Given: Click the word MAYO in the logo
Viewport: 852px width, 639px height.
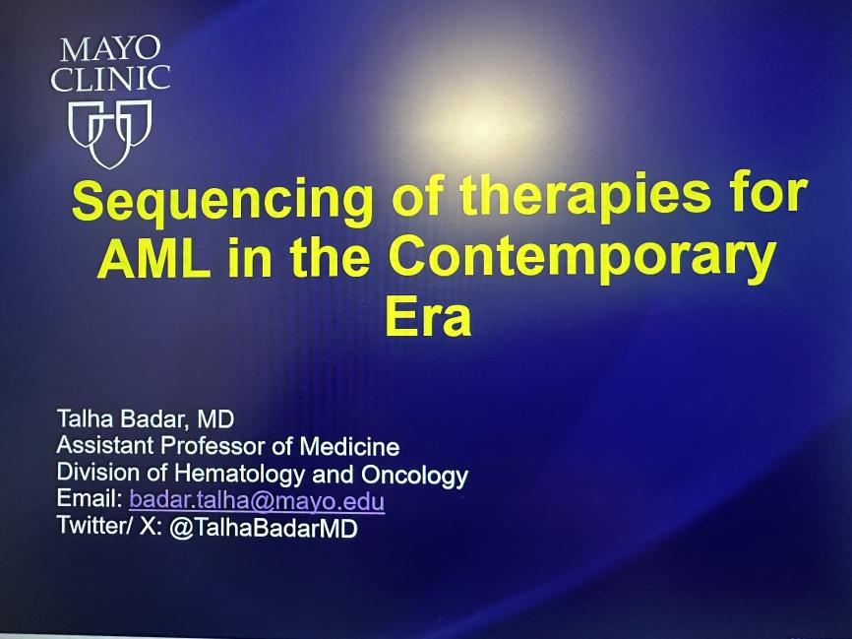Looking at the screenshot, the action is (x=110, y=49).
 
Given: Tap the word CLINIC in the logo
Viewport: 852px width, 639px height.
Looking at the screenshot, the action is (x=110, y=79).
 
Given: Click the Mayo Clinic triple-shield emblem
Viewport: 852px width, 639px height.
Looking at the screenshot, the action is (x=110, y=134).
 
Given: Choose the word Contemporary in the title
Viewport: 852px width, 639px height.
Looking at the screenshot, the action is (x=582, y=260).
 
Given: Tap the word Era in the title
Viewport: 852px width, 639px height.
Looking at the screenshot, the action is (x=428, y=317).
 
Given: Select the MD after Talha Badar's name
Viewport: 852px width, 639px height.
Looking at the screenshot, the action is (x=215, y=418).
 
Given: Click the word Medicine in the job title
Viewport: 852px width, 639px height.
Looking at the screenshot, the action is (x=350, y=446).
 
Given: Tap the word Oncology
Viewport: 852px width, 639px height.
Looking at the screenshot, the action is (x=414, y=475).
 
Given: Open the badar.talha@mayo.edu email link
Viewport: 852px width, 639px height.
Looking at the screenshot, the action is (x=257, y=500).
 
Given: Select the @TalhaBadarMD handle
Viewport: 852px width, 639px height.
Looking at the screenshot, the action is (x=264, y=528).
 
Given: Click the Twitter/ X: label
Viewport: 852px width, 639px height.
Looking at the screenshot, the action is (x=110, y=526).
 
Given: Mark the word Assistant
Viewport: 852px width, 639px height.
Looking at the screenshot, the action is (x=105, y=445).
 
